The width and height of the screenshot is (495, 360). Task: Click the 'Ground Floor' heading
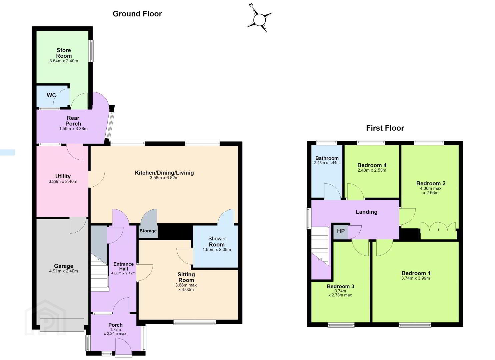pyautogui.click(x=137, y=14)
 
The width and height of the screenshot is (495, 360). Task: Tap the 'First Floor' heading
pyautogui.click(x=385, y=128)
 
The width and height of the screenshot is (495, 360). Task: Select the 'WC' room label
pyautogui.click(x=51, y=95)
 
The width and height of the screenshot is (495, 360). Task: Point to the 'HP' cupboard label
pyautogui.click(x=341, y=231)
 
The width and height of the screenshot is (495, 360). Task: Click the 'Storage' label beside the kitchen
pyautogui.click(x=148, y=231)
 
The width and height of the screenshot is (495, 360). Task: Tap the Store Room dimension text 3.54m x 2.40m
pyautogui.click(x=64, y=61)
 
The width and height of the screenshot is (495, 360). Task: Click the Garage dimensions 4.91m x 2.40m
pyautogui.click(x=63, y=271)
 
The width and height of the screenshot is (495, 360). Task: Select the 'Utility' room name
pyautogui.click(x=63, y=176)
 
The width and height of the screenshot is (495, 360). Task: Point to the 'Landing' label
pyautogui.click(x=366, y=212)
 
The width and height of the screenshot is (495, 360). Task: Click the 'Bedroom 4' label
pyautogui.click(x=372, y=165)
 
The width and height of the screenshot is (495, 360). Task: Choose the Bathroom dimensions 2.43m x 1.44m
pyautogui.click(x=327, y=163)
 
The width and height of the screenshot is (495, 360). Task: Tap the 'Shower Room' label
pyautogui.click(x=217, y=242)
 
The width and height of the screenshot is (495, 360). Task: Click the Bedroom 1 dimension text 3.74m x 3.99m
pyautogui.click(x=416, y=278)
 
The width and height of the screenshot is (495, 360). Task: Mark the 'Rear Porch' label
pyautogui.click(x=73, y=121)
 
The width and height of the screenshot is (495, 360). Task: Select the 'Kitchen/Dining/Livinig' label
pyautogui.click(x=164, y=173)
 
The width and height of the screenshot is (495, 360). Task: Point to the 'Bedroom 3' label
pyautogui.click(x=340, y=286)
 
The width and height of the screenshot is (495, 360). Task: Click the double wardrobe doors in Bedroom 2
pyautogui.click(x=438, y=230)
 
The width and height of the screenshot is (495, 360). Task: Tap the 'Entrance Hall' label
pyautogui.click(x=124, y=266)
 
